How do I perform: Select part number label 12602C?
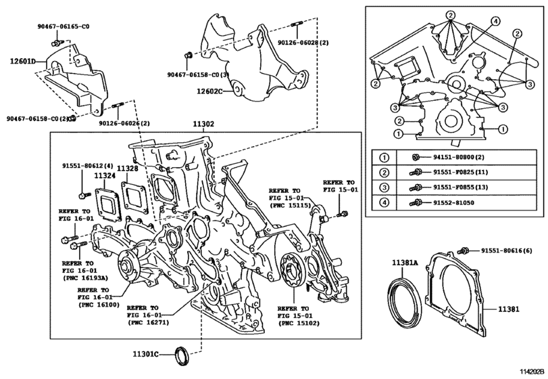tap(209, 91)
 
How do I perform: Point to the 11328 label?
tap(128, 168)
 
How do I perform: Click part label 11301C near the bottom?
tap(145, 353)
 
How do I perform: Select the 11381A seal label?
tap(406, 262)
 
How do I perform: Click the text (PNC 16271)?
tap(149, 322)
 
